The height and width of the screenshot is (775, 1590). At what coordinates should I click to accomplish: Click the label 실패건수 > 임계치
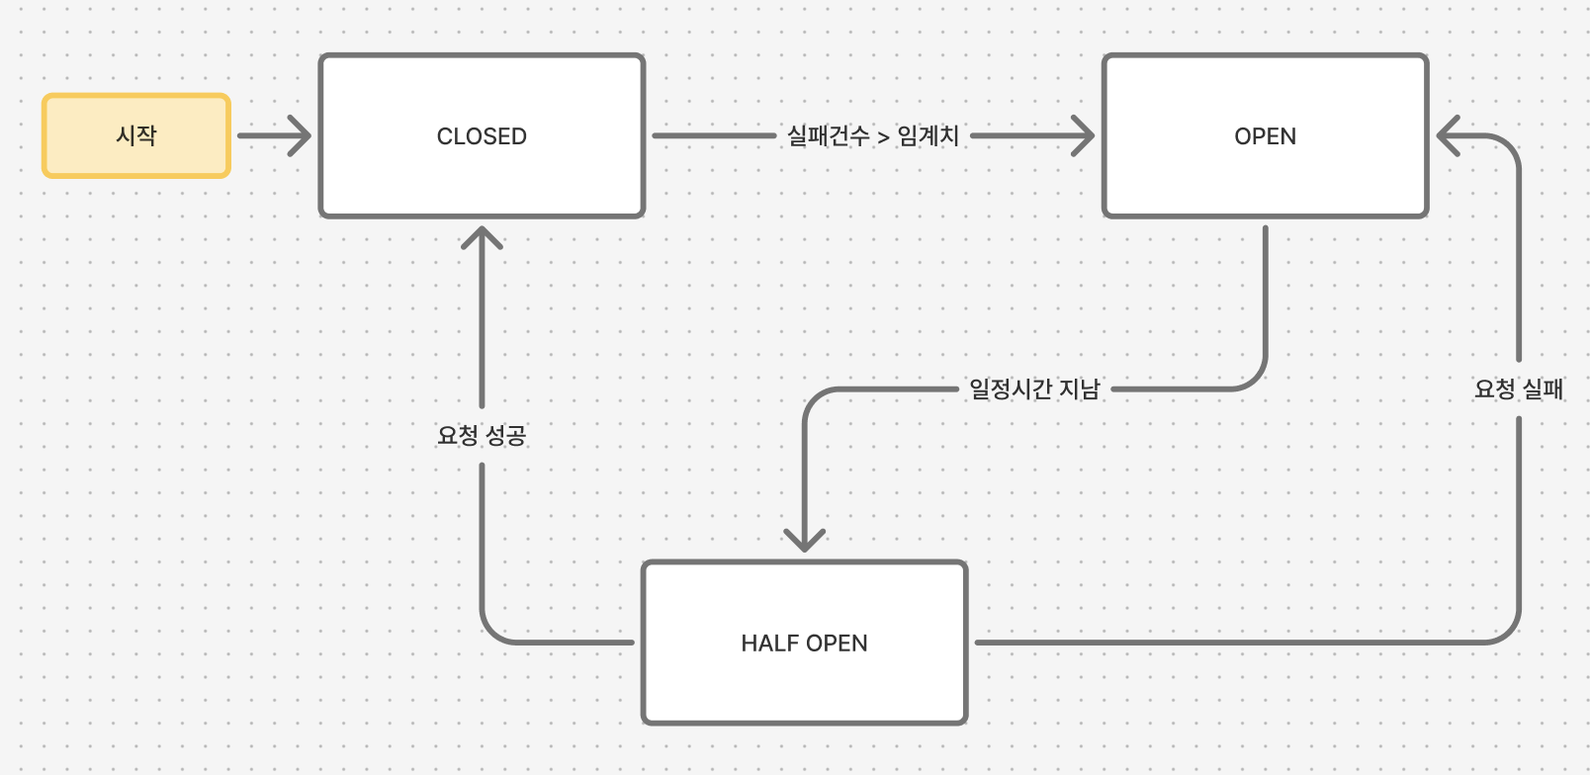872,135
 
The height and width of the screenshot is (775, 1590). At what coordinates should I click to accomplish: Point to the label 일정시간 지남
1034,388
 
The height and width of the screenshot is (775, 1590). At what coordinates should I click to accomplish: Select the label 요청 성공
482,435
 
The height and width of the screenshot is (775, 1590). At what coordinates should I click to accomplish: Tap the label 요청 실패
1518,388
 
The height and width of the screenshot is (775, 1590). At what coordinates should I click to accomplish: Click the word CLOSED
482,136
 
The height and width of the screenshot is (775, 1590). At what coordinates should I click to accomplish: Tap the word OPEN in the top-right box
1265,136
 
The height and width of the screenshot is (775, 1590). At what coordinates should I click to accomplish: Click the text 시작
136,135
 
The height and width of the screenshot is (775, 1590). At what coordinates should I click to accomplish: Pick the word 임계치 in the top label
927,135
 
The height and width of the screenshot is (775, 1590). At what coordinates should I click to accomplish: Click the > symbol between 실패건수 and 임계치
883,137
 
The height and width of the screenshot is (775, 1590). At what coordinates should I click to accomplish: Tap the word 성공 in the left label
505,435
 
